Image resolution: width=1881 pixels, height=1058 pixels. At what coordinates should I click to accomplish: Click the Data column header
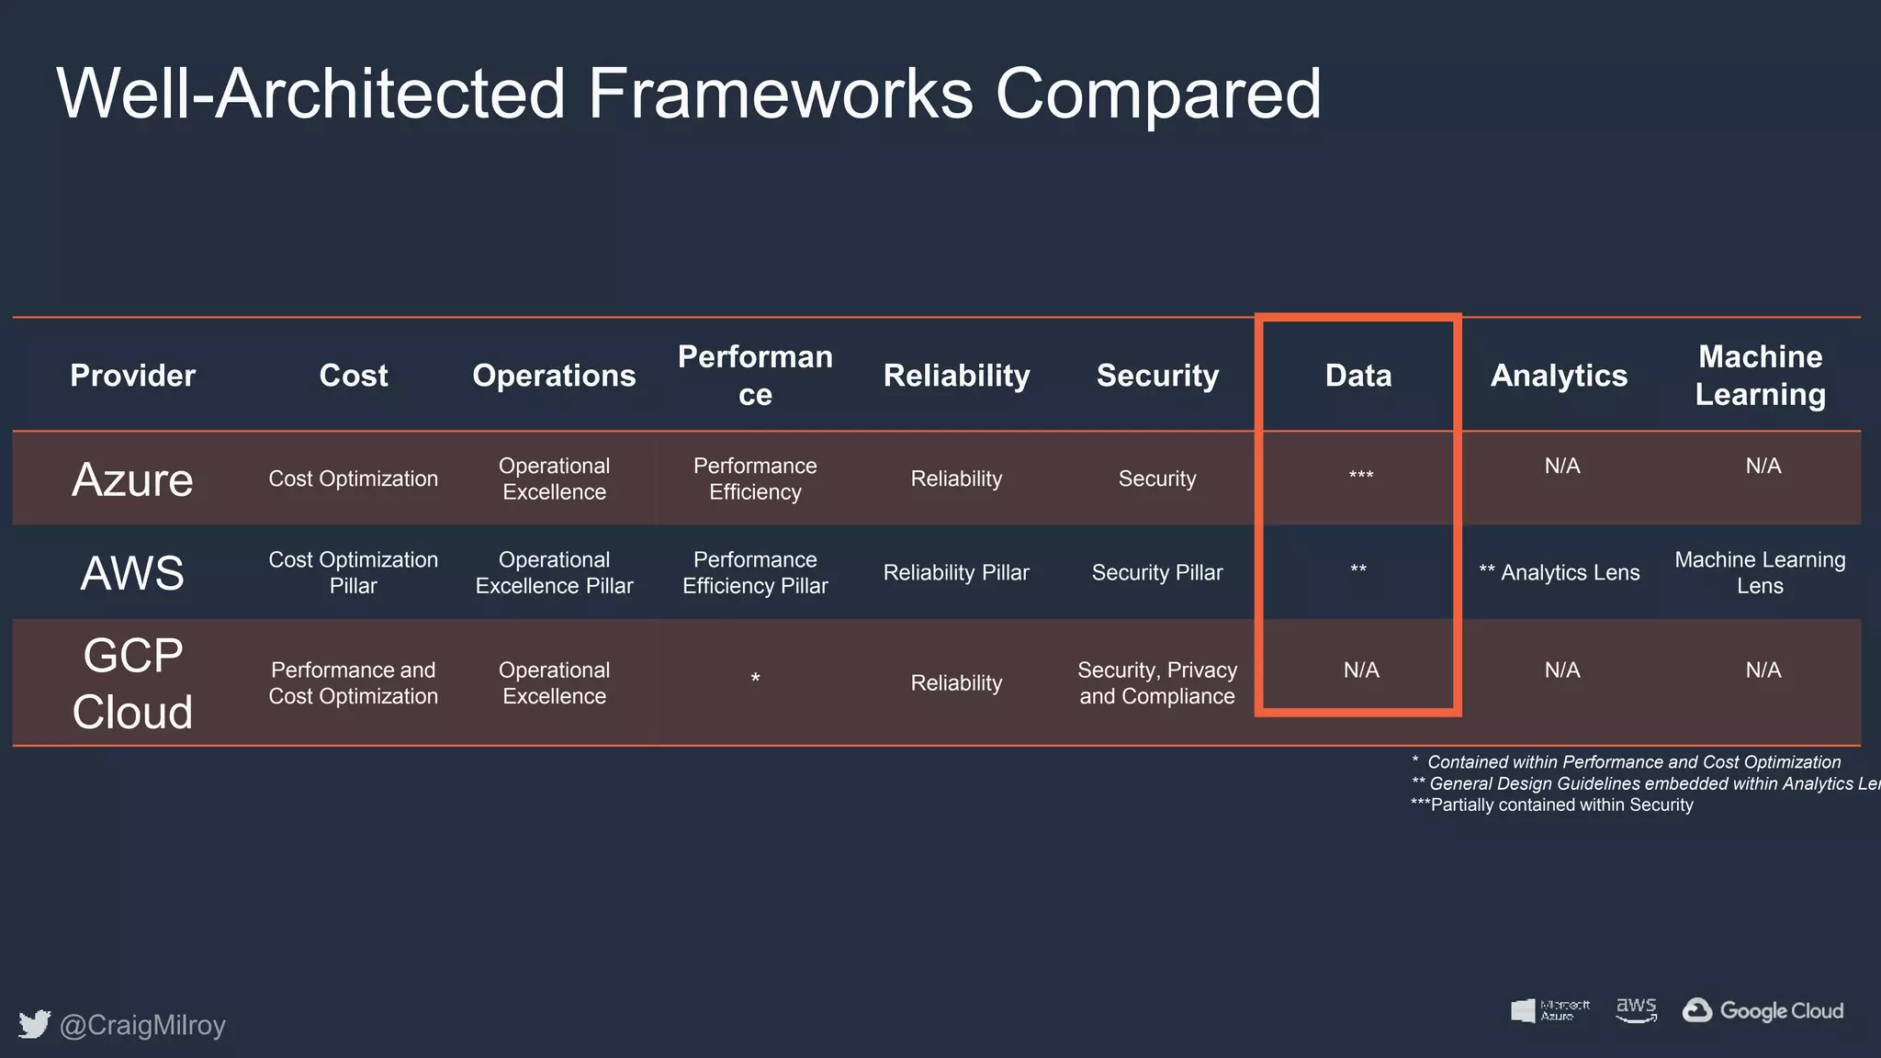click(x=1357, y=376)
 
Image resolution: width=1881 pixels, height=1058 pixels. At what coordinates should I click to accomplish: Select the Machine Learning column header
click(x=1760, y=376)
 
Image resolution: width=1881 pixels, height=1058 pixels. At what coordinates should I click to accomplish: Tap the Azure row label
click(x=132, y=479)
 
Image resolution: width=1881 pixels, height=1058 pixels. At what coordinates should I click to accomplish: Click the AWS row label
click(x=132, y=573)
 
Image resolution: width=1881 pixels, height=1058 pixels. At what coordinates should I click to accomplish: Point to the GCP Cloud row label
click(x=132, y=683)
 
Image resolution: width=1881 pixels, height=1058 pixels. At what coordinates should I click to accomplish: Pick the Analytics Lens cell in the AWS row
click(x=1560, y=573)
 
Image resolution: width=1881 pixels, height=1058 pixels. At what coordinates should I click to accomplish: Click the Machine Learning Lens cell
click(x=1760, y=573)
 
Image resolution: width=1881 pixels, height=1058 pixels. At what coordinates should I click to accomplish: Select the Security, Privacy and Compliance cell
click(x=1157, y=683)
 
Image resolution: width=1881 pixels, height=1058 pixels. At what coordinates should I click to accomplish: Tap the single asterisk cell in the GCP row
click(x=755, y=680)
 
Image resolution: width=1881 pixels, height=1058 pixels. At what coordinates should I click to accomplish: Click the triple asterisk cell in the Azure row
click(x=1360, y=476)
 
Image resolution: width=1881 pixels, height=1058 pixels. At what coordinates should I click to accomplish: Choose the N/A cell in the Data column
click(x=1361, y=670)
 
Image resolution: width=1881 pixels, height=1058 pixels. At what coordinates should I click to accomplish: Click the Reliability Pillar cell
click(x=956, y=573)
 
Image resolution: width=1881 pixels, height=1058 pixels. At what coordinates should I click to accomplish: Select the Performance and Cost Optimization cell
click(x=353, y=683)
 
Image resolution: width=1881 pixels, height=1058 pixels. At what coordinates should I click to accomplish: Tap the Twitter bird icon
click(x=34, y=1024)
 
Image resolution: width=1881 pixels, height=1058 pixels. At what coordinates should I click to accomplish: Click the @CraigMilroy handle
click(x=142, y=1025)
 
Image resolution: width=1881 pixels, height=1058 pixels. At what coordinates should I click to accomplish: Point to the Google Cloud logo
click(x=1763, y=1010)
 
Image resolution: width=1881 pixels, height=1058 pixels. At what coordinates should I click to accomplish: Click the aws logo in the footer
click(x=1636, y=1009)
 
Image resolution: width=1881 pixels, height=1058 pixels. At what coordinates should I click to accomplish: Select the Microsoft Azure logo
click(x=1550, y=1010)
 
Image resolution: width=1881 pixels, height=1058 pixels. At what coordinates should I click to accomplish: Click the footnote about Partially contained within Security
click(x=1552, y=805)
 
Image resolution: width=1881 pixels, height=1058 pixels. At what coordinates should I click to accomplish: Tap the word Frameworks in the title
click(x=780, y=94)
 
